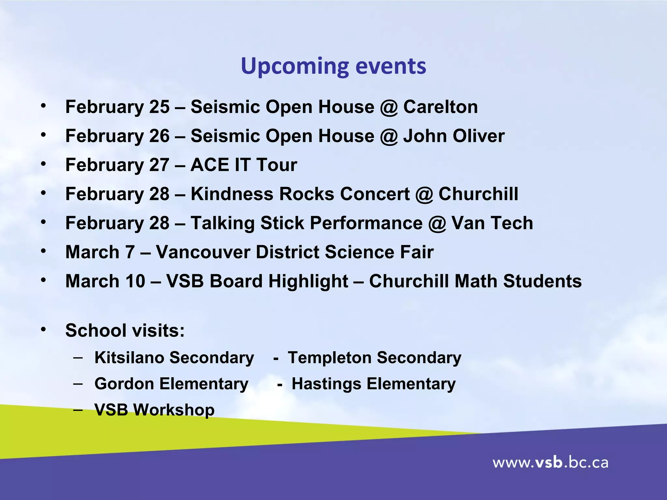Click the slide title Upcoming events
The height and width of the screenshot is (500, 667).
333,66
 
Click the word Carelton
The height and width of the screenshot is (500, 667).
440,107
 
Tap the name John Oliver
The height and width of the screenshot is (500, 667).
454,136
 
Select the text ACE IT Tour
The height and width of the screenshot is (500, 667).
244,165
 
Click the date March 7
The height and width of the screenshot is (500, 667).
100,252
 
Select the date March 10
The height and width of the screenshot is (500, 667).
105,281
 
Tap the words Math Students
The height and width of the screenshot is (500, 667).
518,281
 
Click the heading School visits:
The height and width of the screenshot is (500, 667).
125,330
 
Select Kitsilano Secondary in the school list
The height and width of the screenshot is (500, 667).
174,357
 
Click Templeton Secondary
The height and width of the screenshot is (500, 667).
375,357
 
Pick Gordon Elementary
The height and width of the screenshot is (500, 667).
171,383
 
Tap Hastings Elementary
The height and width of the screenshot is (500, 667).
373,383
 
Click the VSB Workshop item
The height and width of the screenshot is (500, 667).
154,410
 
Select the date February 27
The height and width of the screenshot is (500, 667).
117,165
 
